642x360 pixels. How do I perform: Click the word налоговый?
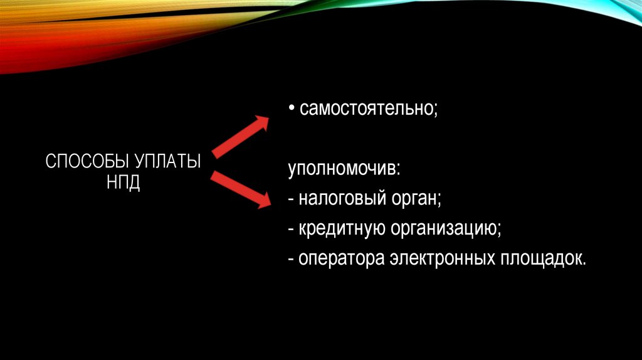pyautogui.click(x=339, y=200)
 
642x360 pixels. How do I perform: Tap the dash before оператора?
pyautogui.click(x=292, y=258)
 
